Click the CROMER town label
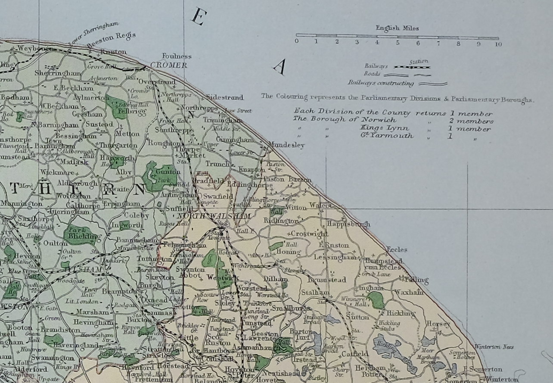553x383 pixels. [x=169, y=65]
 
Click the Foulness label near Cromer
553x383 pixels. [x=177, y=56]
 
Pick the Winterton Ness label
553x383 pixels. [x=494, y=346]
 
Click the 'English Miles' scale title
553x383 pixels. [x=397, y=28]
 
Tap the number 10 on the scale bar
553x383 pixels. [x=498, y=44]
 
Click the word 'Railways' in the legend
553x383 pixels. [x=376, y=66]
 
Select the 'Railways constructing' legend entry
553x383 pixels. [x=381, y=84]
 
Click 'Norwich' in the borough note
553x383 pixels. [x=357, y=121]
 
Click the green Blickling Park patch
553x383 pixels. [x=80, y=234]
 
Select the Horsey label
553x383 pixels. [x=438, y=324]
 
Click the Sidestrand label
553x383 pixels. [x=224, y=97]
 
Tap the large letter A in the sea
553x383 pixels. [x=280, y=67]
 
